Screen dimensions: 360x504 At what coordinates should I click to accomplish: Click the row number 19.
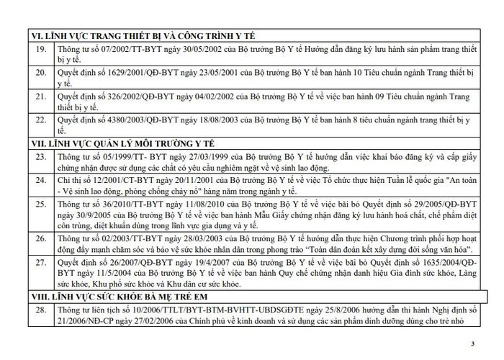pyautogui.click(x=41, y=49)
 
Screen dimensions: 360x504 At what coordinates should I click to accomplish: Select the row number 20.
pyautogui.click(x=41, y=73)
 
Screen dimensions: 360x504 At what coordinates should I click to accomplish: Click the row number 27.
pyautogui.click(x=41, y=264)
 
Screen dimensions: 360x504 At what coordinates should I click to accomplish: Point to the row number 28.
pyautogui.click(x=41, y=309)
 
